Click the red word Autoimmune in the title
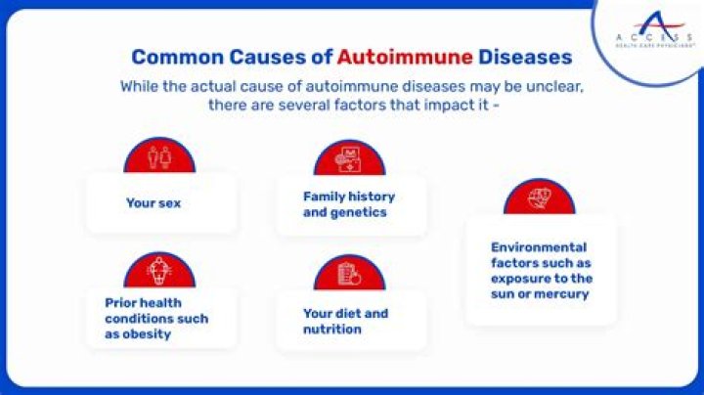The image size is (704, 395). click(x=405, y=57)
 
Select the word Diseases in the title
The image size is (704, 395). click(x=525, y=57)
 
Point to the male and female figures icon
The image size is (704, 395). click(x=159, y=157)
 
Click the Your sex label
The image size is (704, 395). click(x=154, y=203)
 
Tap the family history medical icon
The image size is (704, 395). click(x=349, y=159)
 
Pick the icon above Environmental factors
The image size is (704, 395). click(x=539, y=198)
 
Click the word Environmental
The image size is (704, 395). click(x=539, y=247)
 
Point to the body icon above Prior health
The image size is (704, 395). click(x=159, y=271)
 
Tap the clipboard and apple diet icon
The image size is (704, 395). click(x=349, y=274)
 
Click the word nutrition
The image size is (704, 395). click(x=332, y=329)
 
